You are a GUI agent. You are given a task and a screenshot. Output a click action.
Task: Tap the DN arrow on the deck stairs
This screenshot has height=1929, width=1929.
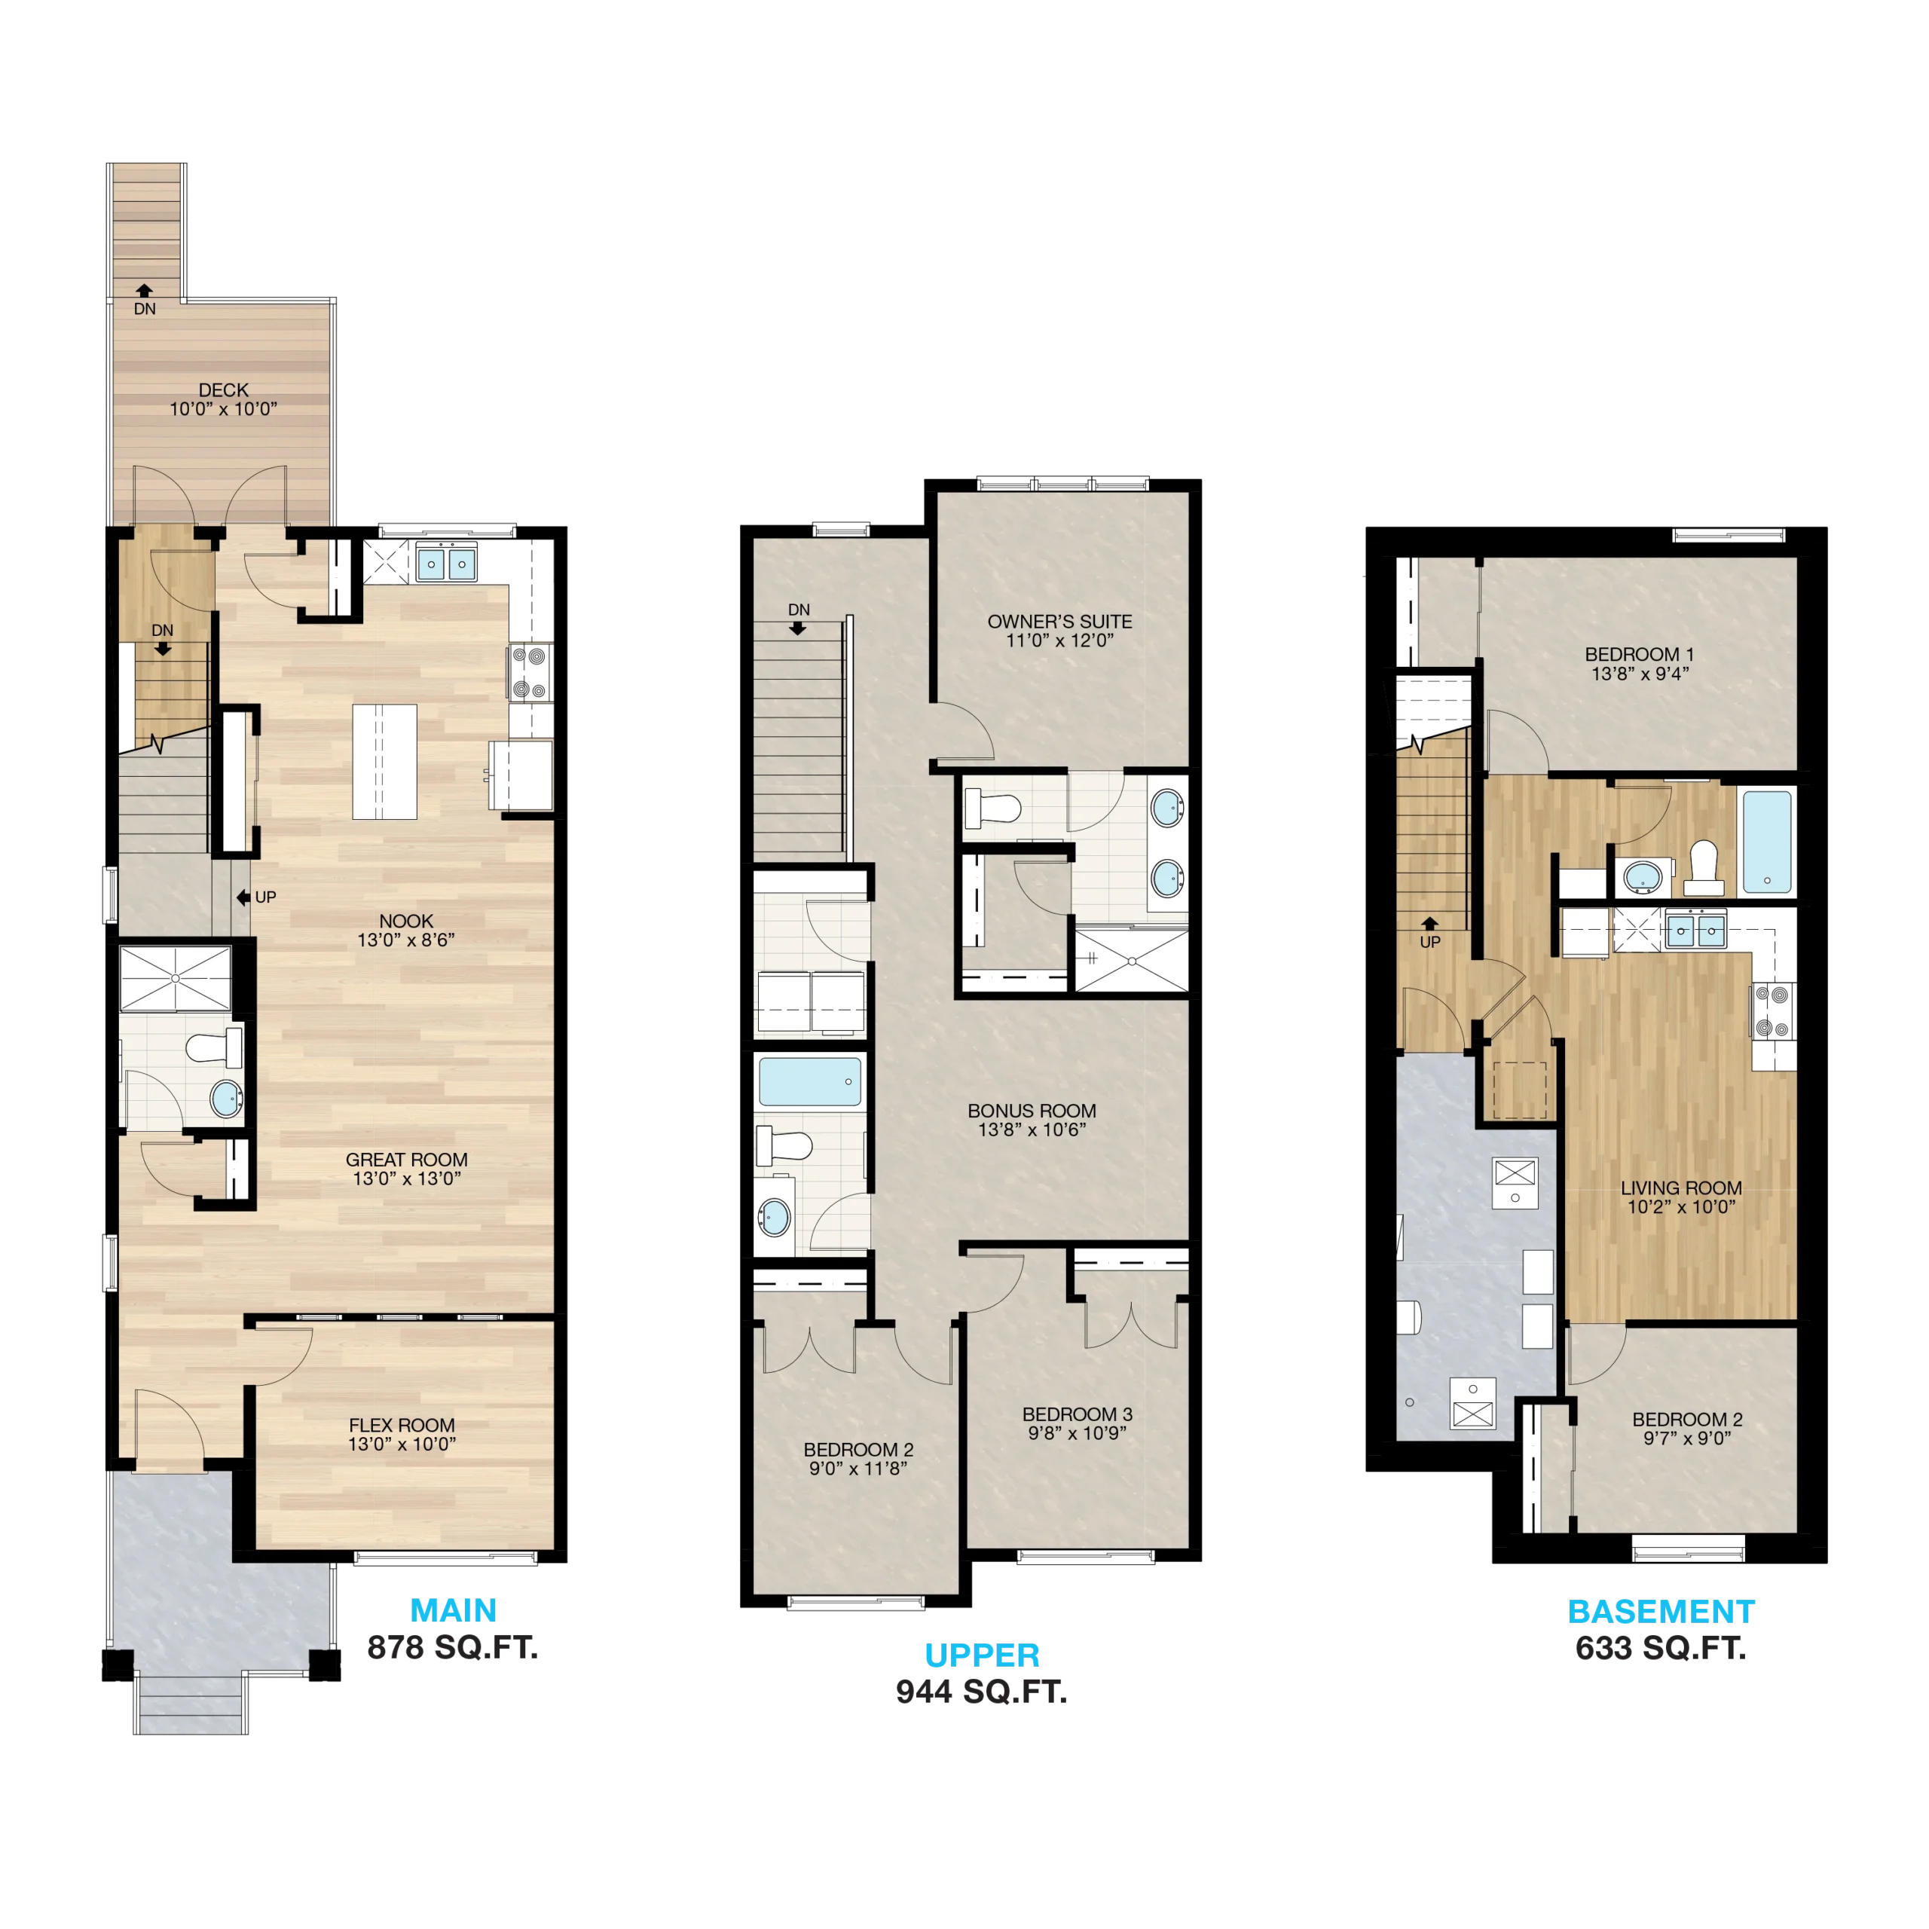(145, 291)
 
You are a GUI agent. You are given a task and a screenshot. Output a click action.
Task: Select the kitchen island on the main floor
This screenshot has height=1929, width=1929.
(384, 762)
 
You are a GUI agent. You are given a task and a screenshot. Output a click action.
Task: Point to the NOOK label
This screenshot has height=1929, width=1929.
(406, 921)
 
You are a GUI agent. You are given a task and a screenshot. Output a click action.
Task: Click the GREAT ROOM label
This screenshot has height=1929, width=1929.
(406, 1159)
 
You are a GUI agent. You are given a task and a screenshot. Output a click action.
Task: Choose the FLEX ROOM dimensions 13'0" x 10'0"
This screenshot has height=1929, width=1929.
(402, 1444)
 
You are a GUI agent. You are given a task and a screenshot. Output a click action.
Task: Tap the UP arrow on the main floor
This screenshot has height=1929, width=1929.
(243, 897)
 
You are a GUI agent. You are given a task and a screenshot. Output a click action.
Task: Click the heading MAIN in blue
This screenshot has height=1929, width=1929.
(454, 1610)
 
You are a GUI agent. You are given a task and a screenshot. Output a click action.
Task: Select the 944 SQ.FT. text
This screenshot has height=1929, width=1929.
(982, 1692)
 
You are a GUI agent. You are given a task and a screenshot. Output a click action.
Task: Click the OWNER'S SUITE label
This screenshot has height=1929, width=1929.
(1060, 621)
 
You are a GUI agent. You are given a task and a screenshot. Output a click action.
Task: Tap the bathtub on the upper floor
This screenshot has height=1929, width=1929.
(810, 1081)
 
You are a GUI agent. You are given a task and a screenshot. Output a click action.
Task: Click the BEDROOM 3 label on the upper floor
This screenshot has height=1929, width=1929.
(1078, 1414)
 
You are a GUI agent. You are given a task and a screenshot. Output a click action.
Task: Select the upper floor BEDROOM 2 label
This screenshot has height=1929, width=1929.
(859, 1449)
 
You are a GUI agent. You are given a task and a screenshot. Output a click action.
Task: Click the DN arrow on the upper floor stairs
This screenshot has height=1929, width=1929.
(798, 628)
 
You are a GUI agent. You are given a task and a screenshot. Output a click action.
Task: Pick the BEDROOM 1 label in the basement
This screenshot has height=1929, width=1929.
(1640, 654)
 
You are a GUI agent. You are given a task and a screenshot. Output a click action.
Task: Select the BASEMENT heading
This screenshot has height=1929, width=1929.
(1662, 1612)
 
